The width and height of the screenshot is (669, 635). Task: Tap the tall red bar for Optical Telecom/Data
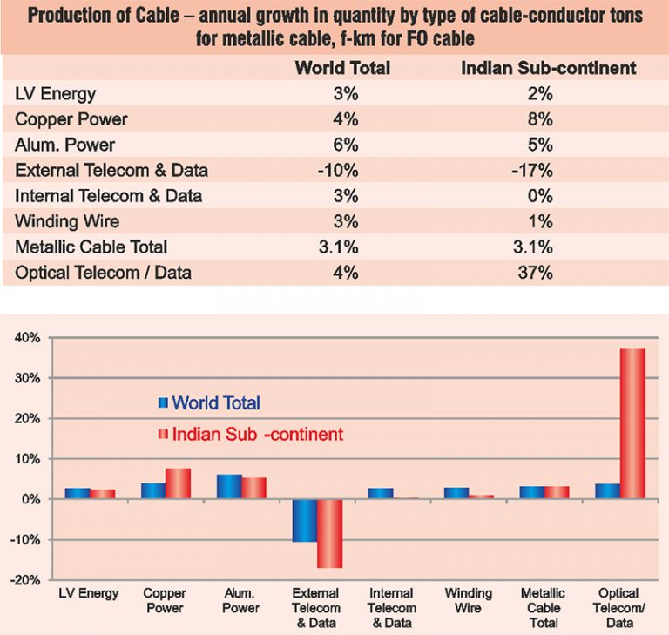632,423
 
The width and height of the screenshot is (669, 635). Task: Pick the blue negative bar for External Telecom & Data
305,520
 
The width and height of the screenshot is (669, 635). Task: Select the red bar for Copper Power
179,483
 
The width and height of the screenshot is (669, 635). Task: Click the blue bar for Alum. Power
229,487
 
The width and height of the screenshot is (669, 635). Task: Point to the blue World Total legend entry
209,402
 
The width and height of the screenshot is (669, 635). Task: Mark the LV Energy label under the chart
89,594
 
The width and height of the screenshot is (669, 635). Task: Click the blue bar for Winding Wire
456,493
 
